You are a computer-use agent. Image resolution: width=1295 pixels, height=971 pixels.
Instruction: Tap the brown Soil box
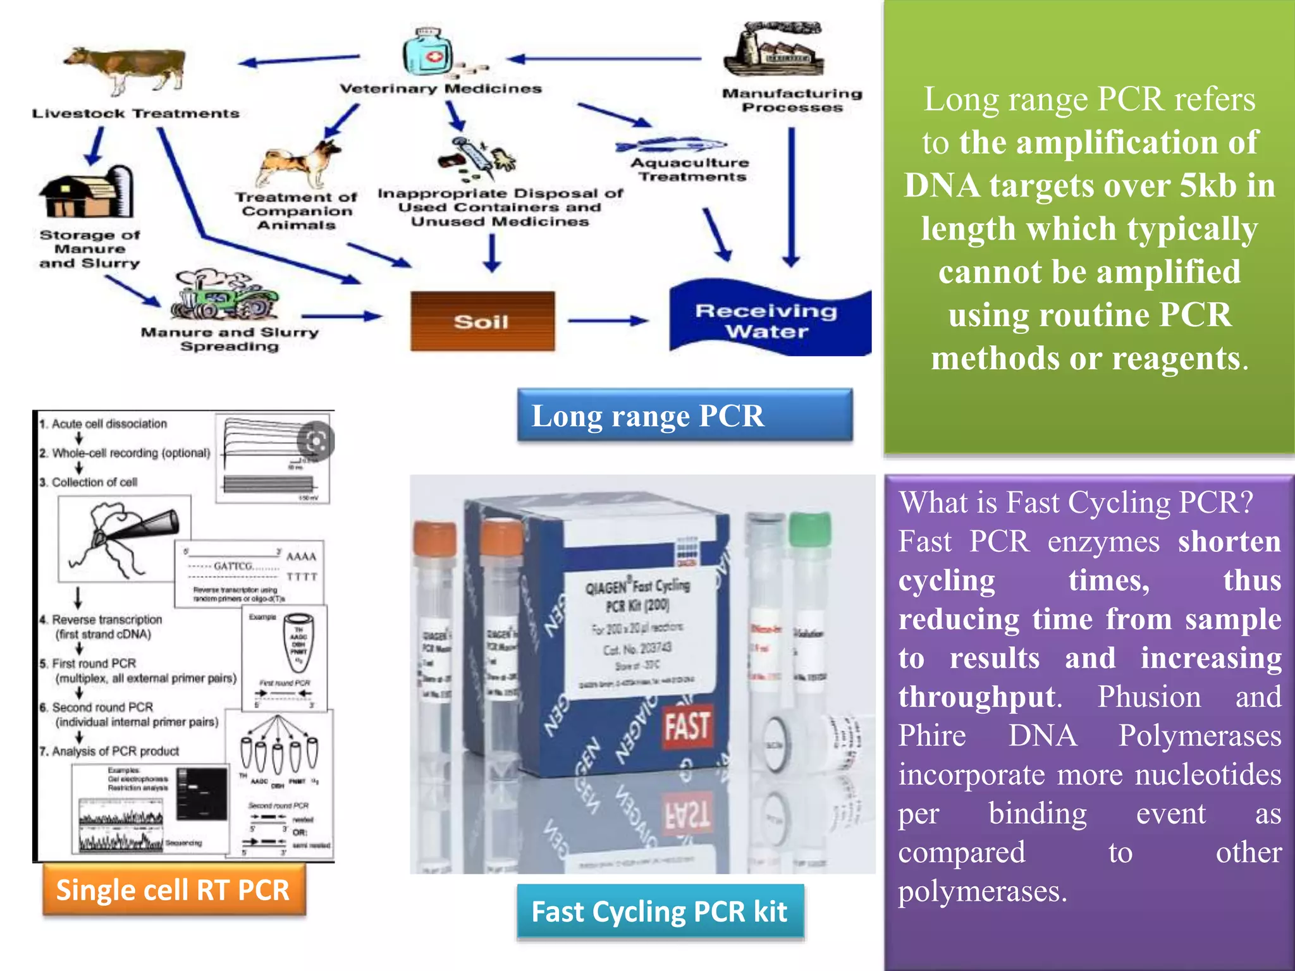point(482,321)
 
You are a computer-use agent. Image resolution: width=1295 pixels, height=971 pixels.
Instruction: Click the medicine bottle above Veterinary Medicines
point(428,53)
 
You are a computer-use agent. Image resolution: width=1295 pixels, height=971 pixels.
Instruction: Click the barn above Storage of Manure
point(87,193)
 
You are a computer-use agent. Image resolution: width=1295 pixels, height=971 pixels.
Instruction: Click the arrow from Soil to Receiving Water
point(608,321)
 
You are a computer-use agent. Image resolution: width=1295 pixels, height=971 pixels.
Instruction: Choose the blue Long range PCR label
point(684,416)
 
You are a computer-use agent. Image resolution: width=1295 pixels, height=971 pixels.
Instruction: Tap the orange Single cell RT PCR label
point(173,890)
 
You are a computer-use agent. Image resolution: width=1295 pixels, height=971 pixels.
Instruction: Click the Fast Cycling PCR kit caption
point(660,912)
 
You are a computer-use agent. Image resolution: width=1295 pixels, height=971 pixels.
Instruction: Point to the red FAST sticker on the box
point(687,726)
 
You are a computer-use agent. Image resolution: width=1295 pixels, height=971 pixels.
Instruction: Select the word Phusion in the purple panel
point(1148,697)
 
